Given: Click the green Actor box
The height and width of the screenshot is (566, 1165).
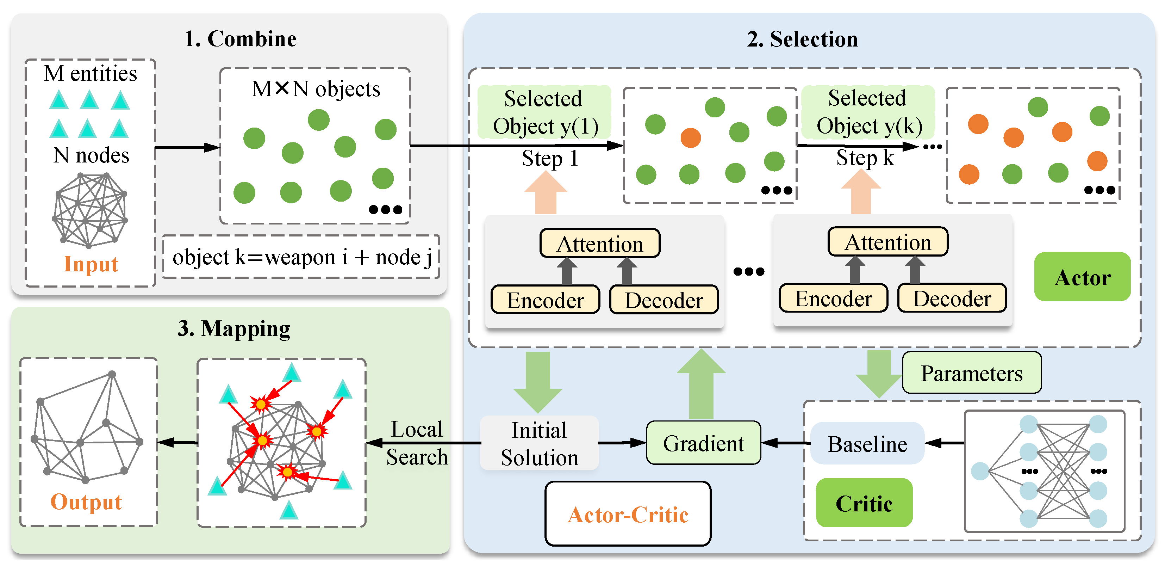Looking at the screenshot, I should [1082, 277].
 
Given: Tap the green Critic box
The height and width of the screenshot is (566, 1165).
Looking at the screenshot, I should [864, 503].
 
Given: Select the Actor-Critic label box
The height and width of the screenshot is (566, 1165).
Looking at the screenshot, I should [628, 514].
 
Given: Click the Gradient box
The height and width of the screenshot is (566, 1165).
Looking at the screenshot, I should [703, 443].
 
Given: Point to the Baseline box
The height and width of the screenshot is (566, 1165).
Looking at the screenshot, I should [867, 443].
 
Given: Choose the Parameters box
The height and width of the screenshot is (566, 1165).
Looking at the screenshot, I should [971, 373].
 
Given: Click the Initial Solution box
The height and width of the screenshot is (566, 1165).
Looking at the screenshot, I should [539, 443].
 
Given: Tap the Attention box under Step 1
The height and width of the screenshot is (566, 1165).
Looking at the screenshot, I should [600, 244].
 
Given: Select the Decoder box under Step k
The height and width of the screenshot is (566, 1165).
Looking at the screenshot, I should [952, 299].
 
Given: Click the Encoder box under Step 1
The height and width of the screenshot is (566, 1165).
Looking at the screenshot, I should [546, 300].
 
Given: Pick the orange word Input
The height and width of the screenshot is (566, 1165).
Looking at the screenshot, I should [91, 264].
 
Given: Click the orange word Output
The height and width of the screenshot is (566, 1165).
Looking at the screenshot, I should [86, 501].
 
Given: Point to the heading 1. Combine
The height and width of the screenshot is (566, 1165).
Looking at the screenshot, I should [240, 39].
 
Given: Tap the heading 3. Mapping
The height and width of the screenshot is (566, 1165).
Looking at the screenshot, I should [233, 328].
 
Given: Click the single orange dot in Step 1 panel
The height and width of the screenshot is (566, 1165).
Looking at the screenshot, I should [691, 137].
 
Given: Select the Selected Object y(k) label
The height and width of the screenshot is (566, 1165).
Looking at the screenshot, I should [868, 112].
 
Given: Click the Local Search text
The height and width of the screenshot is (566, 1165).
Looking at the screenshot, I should [417, 443].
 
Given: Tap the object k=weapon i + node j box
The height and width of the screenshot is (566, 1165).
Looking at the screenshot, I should [301, 257].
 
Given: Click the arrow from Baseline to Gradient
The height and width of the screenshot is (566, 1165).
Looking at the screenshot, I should [786, 443].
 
